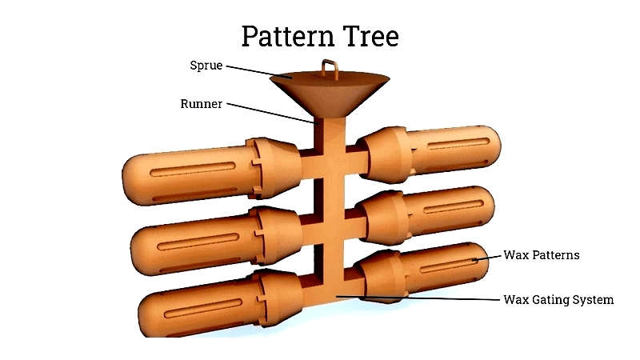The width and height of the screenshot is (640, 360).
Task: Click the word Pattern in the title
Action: (288, 36)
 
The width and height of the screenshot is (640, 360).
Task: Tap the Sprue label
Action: (206, 66)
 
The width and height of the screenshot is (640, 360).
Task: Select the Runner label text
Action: (202, 104)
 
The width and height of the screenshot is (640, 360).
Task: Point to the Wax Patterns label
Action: (542, 255)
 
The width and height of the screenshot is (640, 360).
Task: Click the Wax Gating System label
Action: (558, 300)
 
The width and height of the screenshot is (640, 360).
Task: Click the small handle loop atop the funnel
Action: (330, 70)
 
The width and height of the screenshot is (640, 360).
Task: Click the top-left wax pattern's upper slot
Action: (193, 169)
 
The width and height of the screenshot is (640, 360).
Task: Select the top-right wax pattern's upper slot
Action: (458, 144)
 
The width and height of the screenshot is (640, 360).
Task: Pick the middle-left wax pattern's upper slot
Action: (198, 242)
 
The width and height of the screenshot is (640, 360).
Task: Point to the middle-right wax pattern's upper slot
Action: (453, 206)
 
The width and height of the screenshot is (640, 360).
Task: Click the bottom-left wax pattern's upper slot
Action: (203, 308)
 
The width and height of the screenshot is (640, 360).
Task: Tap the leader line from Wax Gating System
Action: (418, 298)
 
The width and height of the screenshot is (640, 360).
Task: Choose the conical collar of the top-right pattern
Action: (385, 154)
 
